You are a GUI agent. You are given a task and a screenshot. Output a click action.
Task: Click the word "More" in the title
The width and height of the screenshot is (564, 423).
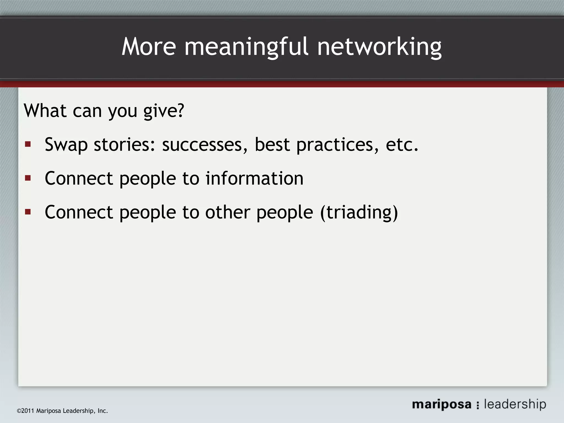click(x=149, y=47)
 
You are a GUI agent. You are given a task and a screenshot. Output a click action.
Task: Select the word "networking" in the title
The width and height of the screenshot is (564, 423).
click(x=379, y=47)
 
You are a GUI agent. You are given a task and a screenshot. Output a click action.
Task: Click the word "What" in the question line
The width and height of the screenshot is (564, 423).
click(x=45, y=110)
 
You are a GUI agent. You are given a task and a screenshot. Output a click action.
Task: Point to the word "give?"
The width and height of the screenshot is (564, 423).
click(x=164, y=111)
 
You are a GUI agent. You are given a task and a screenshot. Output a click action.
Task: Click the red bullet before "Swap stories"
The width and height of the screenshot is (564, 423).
click(x=28, y=144)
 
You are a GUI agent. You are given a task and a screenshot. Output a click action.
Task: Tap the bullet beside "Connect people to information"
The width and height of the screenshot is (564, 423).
click(x=28, y=178)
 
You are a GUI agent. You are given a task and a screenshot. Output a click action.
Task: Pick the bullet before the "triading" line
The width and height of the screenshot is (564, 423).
click(x=28, y=212)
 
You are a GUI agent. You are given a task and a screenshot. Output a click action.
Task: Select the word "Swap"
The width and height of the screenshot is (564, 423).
click(x=66, y=145)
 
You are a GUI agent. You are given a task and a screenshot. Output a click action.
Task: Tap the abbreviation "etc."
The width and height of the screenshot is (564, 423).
click(x=402, y=144)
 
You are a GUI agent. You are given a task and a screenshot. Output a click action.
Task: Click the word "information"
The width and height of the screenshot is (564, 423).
click(x=254, y=178)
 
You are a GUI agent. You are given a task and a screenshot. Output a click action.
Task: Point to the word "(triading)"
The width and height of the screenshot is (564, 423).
click(x=359, y=213)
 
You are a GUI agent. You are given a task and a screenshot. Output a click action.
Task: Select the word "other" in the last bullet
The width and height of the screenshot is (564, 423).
click(x=227, y=212)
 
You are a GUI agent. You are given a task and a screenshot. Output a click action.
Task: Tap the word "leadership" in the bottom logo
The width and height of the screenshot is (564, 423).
click(x=515, y=404)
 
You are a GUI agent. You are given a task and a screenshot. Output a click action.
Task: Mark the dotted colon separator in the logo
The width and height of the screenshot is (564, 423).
click(x=478, y=405)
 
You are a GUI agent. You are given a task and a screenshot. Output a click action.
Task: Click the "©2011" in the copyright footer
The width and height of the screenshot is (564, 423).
click(x=26, y=411)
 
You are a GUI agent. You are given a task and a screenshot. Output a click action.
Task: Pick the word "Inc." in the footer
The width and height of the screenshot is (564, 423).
click(x=102, y=411)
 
